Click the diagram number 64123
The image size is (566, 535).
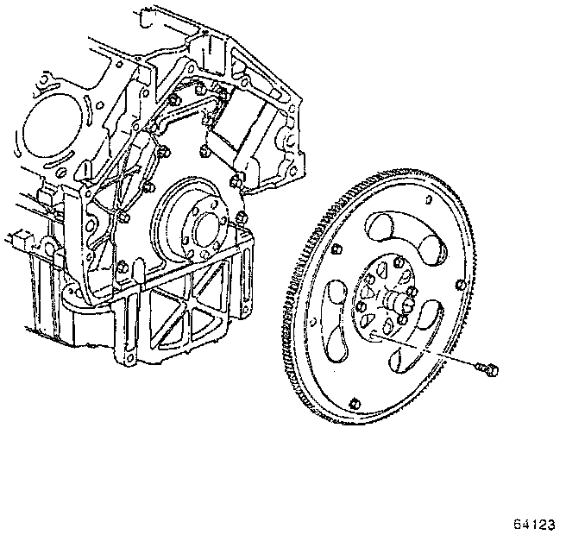[534, 523]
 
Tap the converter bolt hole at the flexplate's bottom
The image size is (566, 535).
[355, 403]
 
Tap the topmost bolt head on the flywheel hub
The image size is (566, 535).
[394, 264]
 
